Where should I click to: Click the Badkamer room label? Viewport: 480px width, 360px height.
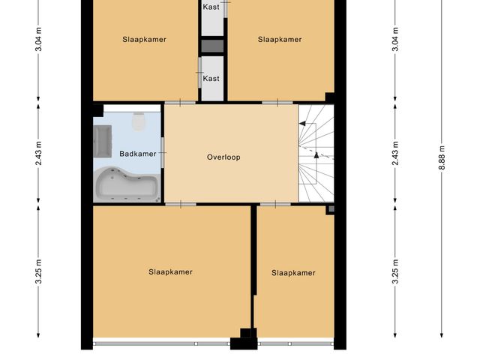[138, 154]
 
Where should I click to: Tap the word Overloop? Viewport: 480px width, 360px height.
[223, 157]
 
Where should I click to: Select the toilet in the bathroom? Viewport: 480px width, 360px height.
[138, 121]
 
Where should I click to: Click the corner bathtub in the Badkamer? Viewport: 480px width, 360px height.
[127, 184]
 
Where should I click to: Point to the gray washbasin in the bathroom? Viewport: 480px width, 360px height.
[103, 141]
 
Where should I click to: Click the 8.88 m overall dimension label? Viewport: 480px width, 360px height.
[442, 157]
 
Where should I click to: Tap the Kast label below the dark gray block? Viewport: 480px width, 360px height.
[211, 78]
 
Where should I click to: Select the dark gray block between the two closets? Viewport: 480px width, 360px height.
[212, 46]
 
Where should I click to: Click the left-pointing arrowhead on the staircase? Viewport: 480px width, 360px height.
[302, 124]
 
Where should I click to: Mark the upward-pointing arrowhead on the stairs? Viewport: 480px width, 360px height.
[316, 155]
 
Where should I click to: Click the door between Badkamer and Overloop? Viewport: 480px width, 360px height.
[163, 152]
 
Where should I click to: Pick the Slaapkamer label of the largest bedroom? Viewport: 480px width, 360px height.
[170, 271]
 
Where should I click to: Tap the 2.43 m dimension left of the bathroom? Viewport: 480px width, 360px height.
[38, 153]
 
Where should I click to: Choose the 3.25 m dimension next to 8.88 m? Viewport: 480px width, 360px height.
[395, 271]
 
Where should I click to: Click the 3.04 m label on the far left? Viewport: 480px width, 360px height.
[38, 39]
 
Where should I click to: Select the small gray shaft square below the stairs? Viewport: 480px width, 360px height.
[331, 209]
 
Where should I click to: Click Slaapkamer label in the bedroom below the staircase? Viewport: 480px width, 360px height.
[293, 273]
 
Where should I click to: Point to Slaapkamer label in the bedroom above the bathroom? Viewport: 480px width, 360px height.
[144, 39]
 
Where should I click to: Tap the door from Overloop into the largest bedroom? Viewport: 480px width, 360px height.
[181, 204]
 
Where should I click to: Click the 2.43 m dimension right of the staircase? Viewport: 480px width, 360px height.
[395, 153]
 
